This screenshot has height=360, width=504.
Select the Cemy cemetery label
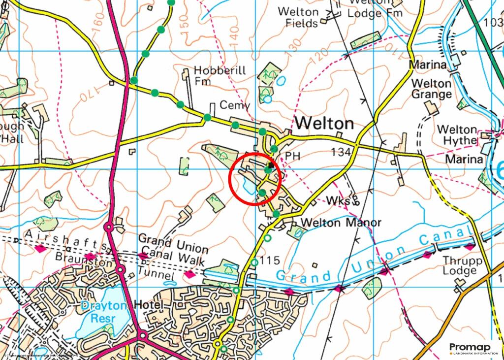[x=235, y=105]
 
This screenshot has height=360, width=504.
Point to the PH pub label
[x=292, y=156]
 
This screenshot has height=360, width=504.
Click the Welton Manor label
[x=341, y=223]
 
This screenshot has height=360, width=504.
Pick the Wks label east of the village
[x=338, y=201]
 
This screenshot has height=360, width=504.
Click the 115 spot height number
[x=271, y=261]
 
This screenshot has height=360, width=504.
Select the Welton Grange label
[x=431, y=89]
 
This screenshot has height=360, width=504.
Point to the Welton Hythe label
[x=457, y=135]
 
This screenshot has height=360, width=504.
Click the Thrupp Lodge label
[x=459, y=265]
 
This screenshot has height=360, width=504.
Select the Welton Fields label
[x=298, y=17]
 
